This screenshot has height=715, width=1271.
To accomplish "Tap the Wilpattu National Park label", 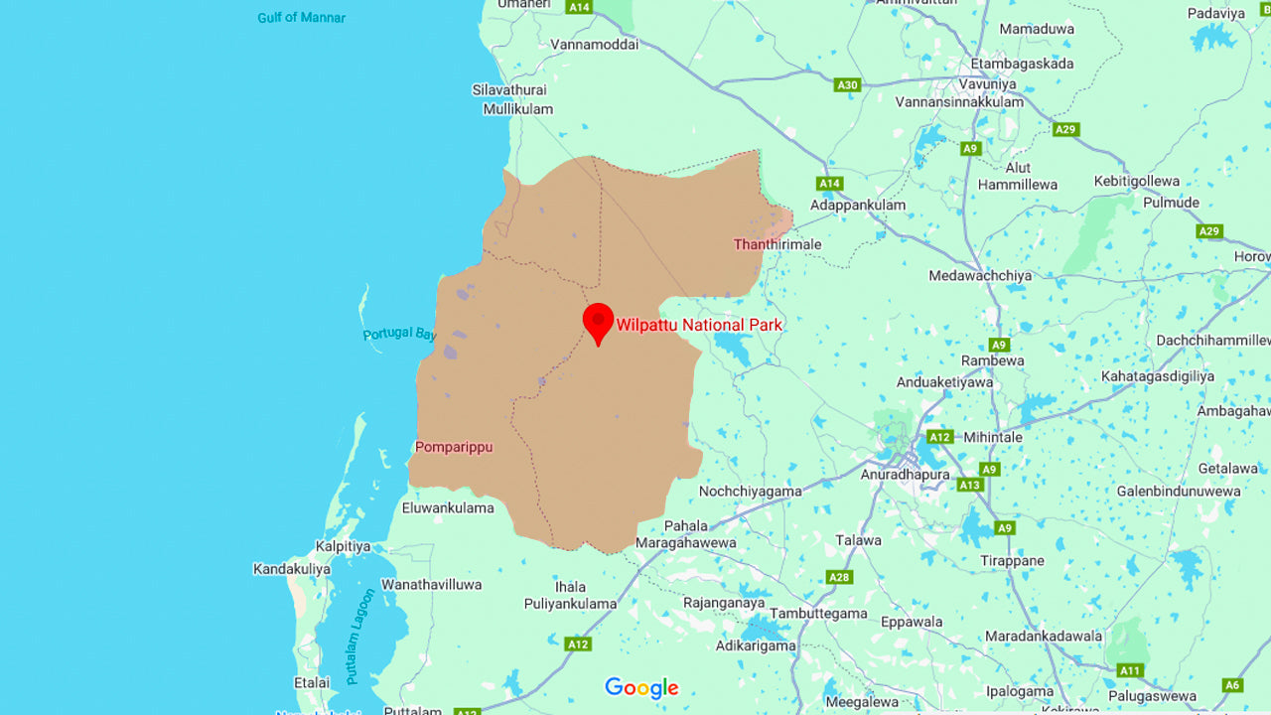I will coord(699,325).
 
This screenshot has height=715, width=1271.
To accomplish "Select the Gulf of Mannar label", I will coord(302,18).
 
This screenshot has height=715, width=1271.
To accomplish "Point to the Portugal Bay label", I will coord(399,333).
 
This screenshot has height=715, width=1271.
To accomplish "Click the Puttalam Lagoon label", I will coord(360,623).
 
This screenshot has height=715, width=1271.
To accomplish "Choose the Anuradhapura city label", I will coord(905,475).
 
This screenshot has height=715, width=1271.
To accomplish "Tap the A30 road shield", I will coord(847,85).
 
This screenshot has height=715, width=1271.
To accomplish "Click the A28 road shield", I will coord(840,577).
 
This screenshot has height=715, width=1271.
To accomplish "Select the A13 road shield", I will coord(970,485).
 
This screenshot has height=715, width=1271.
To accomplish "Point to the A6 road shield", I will coord(1232,685).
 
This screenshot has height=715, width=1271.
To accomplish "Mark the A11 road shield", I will coord(1130,670).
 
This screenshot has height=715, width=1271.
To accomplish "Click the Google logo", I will coord(641,687).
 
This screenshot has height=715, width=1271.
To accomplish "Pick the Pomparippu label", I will coord(454,447).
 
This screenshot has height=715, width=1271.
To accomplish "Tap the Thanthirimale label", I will coord(777,244).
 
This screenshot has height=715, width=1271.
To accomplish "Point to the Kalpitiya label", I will coord(343,546).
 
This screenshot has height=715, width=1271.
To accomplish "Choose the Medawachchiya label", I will coord(980,275).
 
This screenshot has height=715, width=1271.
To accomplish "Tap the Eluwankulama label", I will coord(448,507).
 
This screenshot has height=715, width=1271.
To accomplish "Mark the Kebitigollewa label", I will coord(1137,181).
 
